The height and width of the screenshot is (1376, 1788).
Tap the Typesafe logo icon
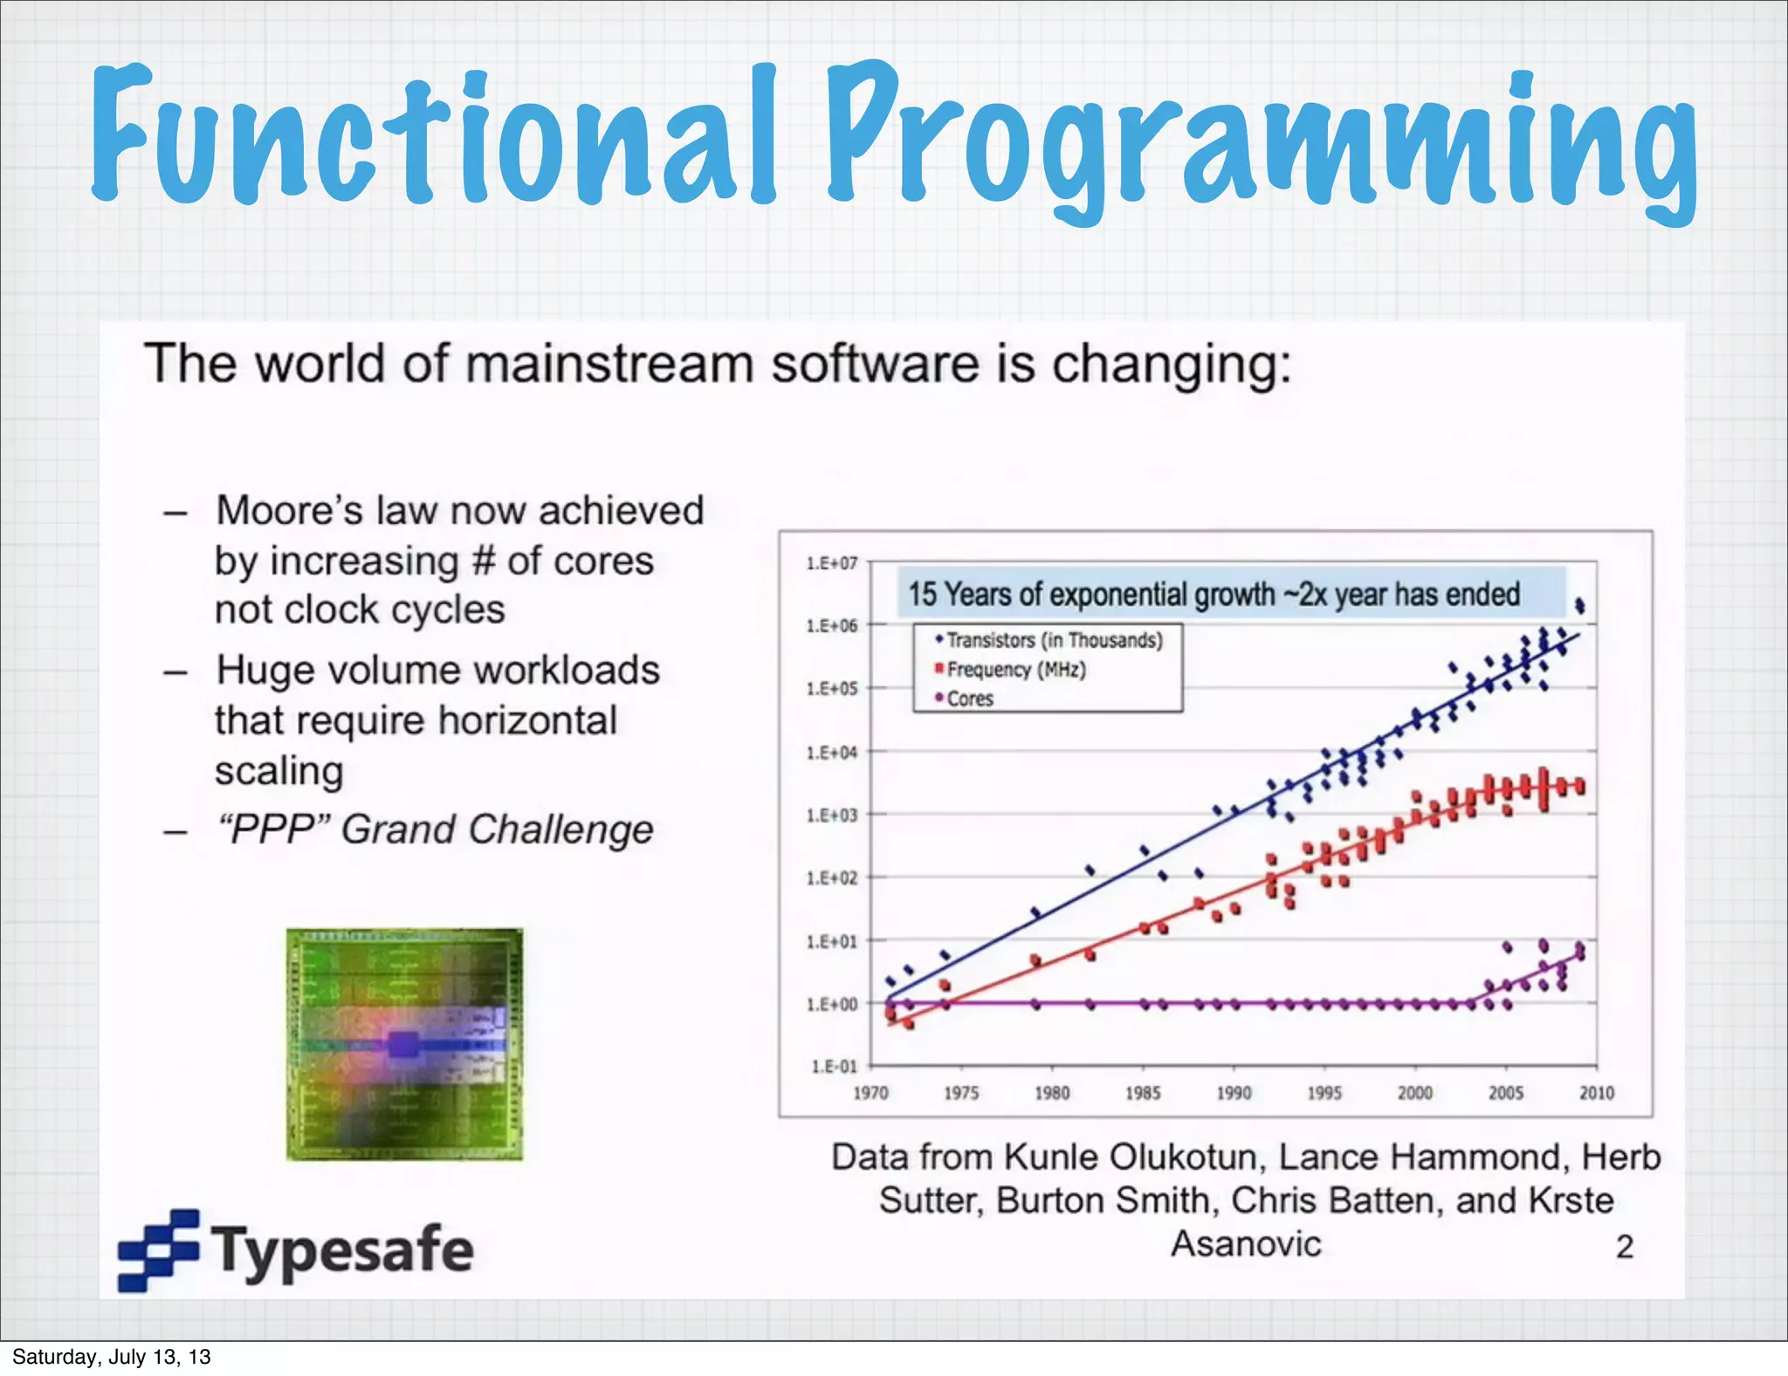tap(159, 1250)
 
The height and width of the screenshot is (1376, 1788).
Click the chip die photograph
tap(404, 1044)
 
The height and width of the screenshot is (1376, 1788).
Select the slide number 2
tap(1624, 1247)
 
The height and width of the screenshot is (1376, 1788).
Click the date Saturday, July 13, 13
tap(111, 1357)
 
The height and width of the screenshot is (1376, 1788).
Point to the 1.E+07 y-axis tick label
tap(831, 563)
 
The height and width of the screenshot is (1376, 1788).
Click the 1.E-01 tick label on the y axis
tap(834, 1066)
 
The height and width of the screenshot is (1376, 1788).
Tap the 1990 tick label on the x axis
tap(1234, 1093)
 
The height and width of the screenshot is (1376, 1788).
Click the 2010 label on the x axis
tap(1596, 1093)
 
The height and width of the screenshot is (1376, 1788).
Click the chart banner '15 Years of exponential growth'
tap(1214, 594)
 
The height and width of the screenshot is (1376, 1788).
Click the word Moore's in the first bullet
tap(288, 510)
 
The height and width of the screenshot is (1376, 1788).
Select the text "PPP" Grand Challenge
tap(435, 829)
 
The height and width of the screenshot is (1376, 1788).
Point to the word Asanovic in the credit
tap(1246, 1244)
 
